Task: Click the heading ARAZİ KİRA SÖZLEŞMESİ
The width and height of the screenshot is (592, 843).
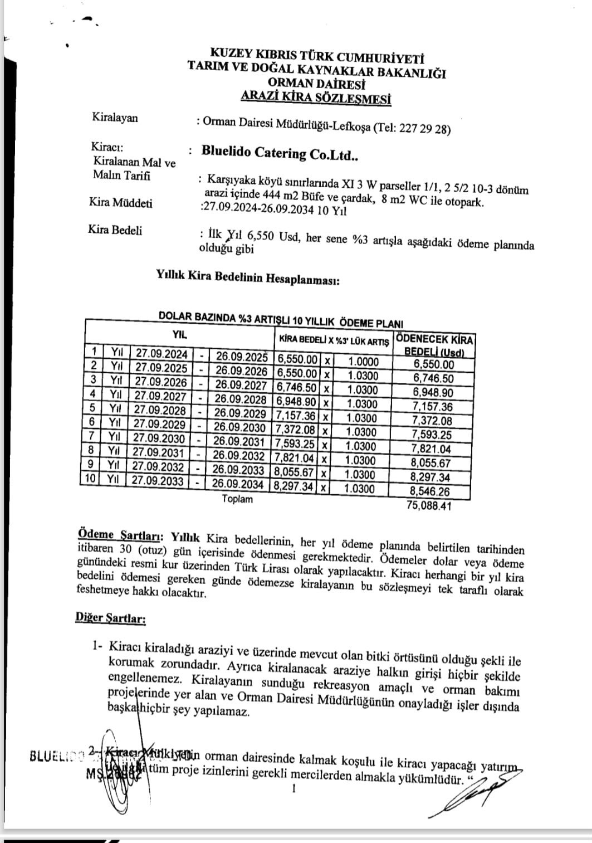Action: click(315, 99)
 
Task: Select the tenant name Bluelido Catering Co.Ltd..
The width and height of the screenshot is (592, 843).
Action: click(279, 153)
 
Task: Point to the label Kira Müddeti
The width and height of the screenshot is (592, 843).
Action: click(120, 203)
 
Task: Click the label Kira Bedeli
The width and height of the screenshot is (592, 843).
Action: click(115, 230)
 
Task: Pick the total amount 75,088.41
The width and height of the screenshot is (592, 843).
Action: click(429, 506)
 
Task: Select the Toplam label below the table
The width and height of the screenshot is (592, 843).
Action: click(237, 499)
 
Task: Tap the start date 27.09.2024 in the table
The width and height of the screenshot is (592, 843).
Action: click(162, 353)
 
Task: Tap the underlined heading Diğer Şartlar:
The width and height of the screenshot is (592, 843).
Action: click(110, 618)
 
